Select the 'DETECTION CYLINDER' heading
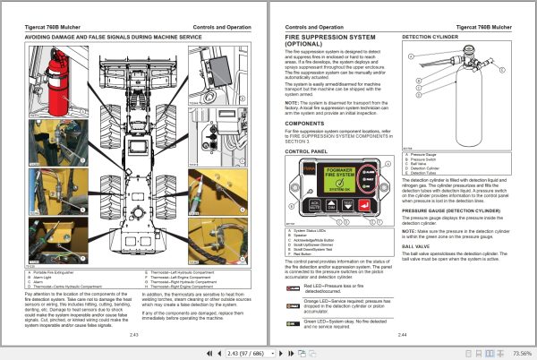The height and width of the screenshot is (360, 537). (x=431, y=37)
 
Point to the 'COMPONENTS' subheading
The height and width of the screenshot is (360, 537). (x=306, y=122)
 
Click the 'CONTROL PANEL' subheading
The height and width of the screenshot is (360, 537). (x=310, y=151)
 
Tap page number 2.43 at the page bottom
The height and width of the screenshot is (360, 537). (x=133, y=334)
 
